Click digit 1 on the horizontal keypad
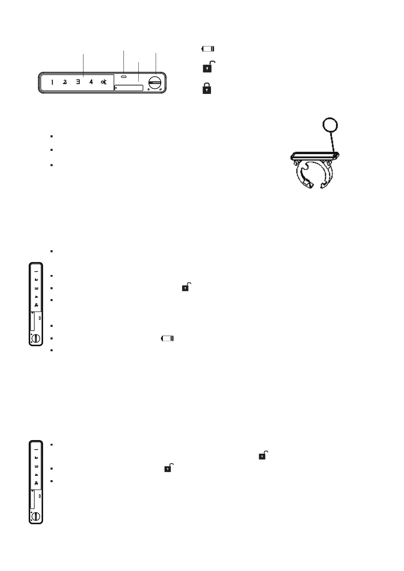52,82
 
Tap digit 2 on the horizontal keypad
65,82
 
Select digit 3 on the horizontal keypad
78,82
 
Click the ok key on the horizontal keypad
104,82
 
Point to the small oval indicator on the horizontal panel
124,77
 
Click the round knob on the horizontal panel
156,82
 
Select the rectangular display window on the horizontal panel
129,88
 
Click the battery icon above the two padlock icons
208,49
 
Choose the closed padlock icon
207,88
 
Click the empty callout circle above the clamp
330,125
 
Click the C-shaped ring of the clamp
314,175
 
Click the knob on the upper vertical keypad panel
36,338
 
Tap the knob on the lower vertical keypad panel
36,516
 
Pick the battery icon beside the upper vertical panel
168,338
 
